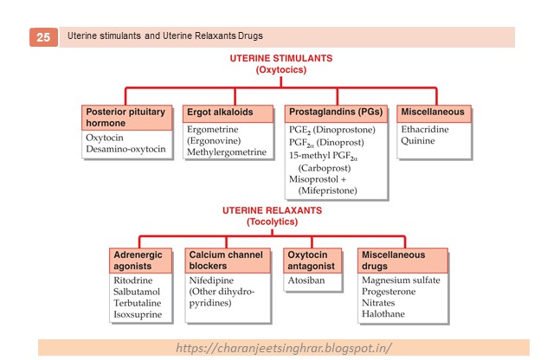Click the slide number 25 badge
click(x=43, y=37)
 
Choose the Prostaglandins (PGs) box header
click(x=336, y=112)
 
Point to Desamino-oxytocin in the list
click(x=125, y=149)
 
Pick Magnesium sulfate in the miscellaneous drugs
click(x=402, y=281)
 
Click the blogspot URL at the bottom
click(x=284, y=348)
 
